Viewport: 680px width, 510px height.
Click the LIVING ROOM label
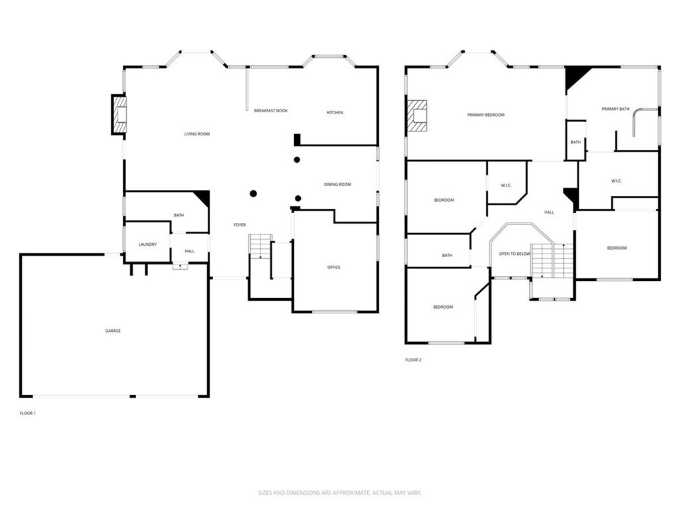197,134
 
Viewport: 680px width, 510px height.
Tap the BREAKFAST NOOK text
270,111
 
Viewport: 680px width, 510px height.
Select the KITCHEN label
335,113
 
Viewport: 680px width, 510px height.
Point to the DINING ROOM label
337,185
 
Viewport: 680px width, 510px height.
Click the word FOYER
240,225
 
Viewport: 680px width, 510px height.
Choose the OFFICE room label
333,268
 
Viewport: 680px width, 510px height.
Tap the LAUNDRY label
147,244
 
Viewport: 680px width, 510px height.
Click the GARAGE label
113,331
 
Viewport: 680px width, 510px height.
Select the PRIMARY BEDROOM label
485,116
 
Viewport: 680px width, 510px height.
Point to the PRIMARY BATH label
616,109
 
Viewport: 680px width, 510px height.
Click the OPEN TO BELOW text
515,254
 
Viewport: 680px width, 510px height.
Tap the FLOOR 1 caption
28,414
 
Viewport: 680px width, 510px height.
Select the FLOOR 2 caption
413,361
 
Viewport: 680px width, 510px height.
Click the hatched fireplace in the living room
119,115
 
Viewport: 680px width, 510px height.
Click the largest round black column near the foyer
253,194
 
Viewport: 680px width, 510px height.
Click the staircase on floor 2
553,261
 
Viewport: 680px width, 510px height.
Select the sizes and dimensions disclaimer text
339,493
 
